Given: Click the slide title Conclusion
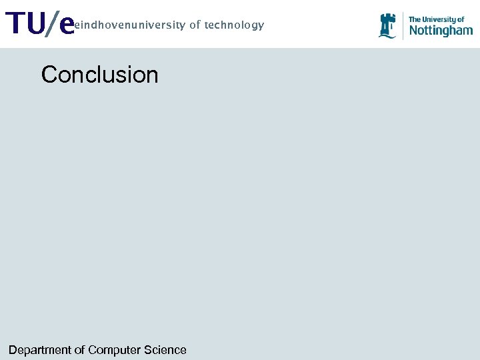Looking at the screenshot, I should coord(100,74).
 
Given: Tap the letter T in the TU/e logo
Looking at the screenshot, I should coord(15,25).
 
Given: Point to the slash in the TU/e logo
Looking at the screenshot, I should coord(51,25).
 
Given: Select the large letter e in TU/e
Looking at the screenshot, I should coord(65,26).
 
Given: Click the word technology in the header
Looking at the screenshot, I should coord(234,25).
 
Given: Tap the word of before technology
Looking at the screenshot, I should coord(195,25).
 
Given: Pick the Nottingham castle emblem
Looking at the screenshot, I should coord(387,25).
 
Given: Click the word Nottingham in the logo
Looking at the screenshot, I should coord(441,30).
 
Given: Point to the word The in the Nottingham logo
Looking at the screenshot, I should coord(415,20).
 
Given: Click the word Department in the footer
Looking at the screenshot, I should coord(39,350).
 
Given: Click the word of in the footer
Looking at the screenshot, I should coord(79,350).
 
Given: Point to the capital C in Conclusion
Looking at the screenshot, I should coord(49,74).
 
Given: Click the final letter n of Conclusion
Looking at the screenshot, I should coord(152,75).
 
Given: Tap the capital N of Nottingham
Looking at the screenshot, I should coord(413,30).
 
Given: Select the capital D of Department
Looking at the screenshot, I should coord(13,350).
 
